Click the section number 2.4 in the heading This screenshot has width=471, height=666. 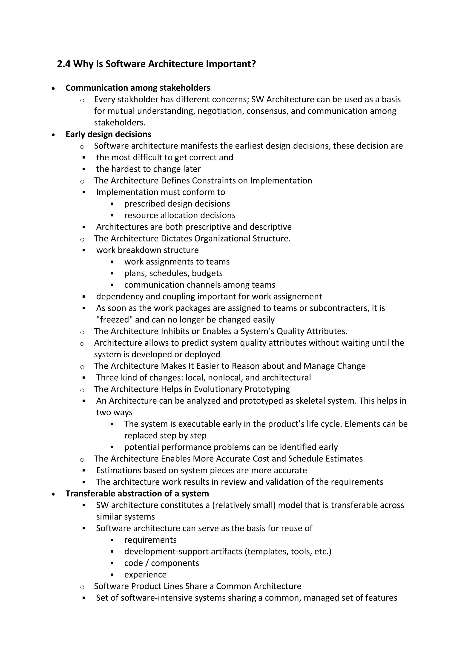64,64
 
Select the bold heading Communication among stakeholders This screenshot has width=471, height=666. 138,88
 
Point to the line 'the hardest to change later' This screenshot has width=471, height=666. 148,169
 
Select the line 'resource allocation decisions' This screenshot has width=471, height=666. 180,215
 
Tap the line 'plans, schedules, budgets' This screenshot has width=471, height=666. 173,273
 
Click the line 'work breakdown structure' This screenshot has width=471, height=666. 147,250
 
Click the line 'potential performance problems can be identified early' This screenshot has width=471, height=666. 231,447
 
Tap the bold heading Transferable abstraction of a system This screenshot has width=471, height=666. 137,494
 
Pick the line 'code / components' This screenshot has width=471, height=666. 161,563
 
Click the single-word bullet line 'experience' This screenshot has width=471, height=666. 145,575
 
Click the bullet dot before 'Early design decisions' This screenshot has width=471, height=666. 53,135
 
